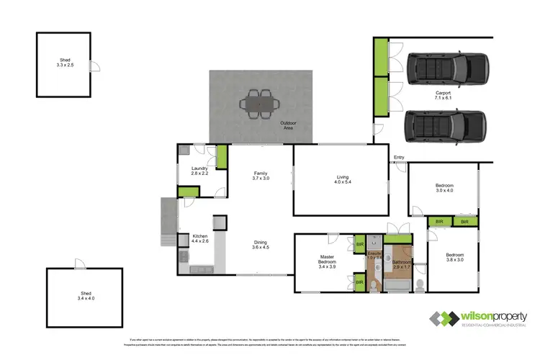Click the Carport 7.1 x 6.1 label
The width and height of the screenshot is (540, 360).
(443, 96)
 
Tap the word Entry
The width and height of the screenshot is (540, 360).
(399, 158)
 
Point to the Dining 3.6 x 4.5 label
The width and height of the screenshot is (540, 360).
(261, 245)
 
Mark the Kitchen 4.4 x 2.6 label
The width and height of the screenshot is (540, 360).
(199, 238)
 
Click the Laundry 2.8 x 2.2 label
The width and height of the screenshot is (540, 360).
(199, 171)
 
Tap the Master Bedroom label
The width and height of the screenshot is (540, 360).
(328, 262)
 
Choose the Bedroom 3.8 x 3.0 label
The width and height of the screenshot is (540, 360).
(454, 258)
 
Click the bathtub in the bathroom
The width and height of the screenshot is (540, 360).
(395, 285)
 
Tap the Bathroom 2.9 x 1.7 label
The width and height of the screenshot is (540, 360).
(400, 264)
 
